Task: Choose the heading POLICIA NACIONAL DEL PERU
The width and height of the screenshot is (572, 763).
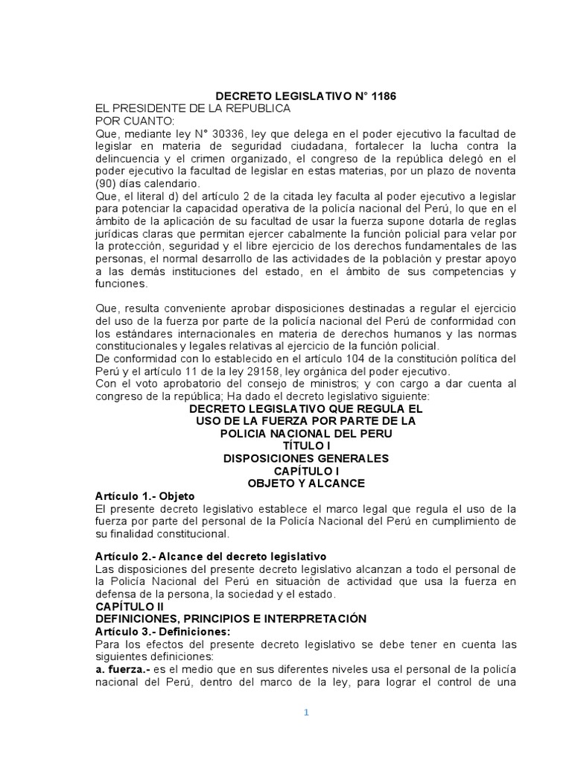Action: point(306,433)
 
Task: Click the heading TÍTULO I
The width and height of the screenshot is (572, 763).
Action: point(305,446)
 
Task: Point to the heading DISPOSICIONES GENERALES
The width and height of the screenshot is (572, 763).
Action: point(305,458)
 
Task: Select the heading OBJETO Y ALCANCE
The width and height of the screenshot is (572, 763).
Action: point(305,483)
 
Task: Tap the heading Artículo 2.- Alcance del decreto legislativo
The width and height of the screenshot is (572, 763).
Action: point(211,557)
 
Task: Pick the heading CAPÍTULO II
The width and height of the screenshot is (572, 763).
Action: point(130,607)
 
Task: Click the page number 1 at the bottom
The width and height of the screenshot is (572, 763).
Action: point(305,712)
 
